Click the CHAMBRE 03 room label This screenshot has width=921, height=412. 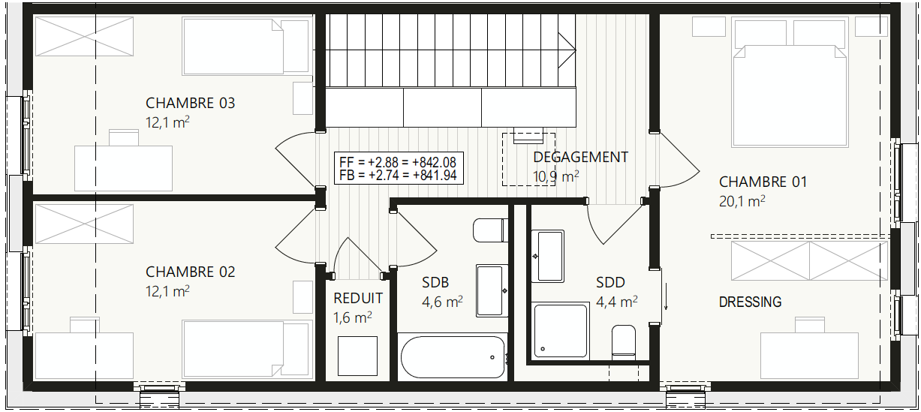191,104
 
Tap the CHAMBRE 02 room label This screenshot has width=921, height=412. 191,272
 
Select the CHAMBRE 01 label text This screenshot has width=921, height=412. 763,182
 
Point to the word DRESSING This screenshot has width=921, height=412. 751,302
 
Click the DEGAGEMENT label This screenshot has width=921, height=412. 580,158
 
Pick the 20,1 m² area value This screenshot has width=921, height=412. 742,201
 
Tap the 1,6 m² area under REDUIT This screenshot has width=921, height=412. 353,317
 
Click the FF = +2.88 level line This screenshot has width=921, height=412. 398,162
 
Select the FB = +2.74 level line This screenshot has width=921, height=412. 398,175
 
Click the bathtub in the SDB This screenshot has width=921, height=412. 453,357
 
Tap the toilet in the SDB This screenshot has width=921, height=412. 490,230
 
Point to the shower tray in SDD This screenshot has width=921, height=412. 561,331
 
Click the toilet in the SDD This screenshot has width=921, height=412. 623,341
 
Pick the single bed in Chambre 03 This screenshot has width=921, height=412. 246,46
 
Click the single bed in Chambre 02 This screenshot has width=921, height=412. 246,349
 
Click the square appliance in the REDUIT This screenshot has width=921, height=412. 357,356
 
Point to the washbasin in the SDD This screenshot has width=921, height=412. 547,256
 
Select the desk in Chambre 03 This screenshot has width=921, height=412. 123,168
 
